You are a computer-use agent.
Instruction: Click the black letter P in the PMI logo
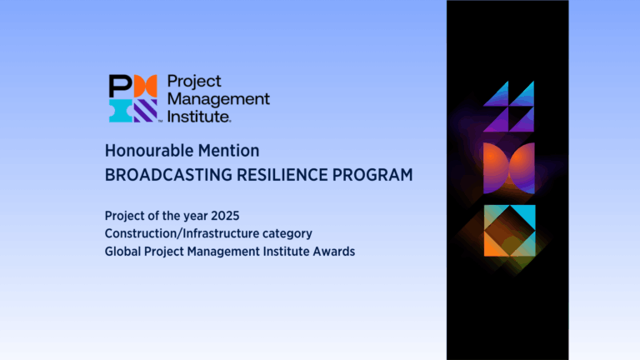click(120, 86)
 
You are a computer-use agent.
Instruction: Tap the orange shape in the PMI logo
click(145, 86)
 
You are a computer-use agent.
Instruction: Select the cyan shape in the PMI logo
click(120, 111)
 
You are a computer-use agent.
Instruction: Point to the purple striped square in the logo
click(146, 111)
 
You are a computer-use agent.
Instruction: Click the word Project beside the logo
click(194, 82)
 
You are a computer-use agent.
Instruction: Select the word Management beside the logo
click(219, 99)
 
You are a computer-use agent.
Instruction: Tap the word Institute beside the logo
click(198, 117)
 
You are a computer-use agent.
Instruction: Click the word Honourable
click(148, 151)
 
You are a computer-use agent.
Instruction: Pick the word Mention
click(228, 151)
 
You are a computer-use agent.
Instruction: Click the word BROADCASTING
click(167, 175)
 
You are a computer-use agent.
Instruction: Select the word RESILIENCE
click(282, 175)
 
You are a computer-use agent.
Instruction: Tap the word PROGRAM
click(372, 175)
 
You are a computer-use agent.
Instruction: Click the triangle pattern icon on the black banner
click(508, 107)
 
